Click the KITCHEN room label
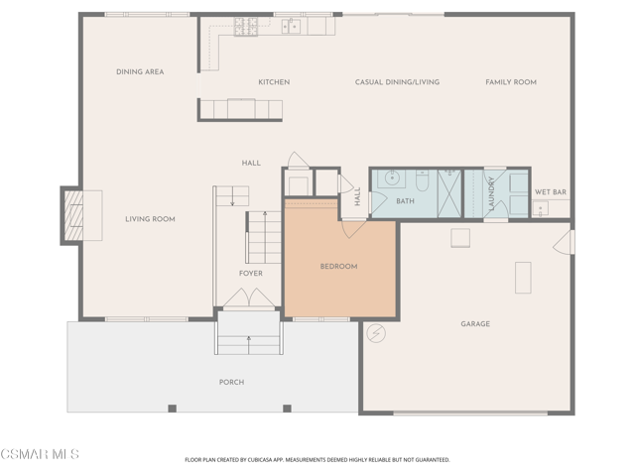coord(274,82)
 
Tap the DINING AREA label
coord(140,71)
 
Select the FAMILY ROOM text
coord(510,82)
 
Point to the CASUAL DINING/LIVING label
coord(397,82)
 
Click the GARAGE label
coord(475,324)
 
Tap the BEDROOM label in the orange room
coord(338,267)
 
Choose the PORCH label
coord(231,382)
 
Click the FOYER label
coord(251,274)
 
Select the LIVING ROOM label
coord(150,219)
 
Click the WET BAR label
coord(550,191)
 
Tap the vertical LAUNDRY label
coord(490,194)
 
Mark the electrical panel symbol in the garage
coord(375,334)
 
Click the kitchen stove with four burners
coord(245,26)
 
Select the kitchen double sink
coord(291,26)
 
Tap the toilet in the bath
coord(422,180)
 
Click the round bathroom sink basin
coord(393,180)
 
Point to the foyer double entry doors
coord(248,297)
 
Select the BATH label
coord(405,201)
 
